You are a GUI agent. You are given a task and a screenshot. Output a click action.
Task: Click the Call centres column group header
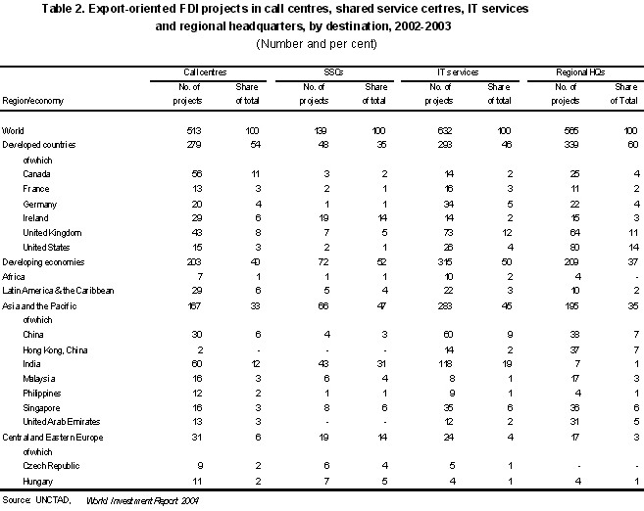pyautogui.click(x=205, y=72)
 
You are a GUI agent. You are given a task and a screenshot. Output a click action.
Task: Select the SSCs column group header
pyautogui.click(x=333, y=72)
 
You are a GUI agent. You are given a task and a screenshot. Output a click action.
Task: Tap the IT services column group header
pyautogui.click(x=458, y=72)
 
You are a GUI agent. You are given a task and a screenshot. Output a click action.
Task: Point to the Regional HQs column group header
pyautogui.click(x=580, y=72)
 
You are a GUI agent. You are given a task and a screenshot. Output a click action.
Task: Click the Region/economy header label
pyautogui.click(x=33, y=101)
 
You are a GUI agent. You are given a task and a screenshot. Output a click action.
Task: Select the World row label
pyautogui.click(x=13, y=131)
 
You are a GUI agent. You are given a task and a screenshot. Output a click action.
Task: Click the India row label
pyautogui.click(x=31, y=364)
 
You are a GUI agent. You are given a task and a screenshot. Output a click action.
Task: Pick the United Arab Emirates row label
pyautogui.click(x=62, y=422)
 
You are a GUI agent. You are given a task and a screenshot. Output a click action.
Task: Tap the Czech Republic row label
pyautogui.click(x=51, y=466)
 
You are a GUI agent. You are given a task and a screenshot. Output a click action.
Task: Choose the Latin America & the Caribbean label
pyautogui.click(x=58, y=291)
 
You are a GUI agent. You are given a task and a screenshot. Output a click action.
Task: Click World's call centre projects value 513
pyautogui.click(x=194, y=131)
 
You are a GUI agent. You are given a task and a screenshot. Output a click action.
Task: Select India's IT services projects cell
pyautogui.click(x=445, y=364)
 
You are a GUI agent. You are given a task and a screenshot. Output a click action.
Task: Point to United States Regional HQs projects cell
pyautogui.click(x=574, y=248)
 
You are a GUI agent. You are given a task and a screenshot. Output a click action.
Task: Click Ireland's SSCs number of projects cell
pyautogui.click(x=323, y=218)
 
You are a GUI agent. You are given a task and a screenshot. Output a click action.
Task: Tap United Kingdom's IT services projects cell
pyautogui.click(x=448, y=233)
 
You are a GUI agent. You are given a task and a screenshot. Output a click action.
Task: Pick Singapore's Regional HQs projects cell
pyautogui.click(x=574, y=408)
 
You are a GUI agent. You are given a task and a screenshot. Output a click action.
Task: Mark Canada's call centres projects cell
pyautogui.click(x=197, y=174)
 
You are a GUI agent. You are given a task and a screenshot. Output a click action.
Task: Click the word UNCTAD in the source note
pyautogui.click(x=53, y=500)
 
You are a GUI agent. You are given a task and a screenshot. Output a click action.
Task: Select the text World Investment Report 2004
pyautogui.click(x=142, y=501)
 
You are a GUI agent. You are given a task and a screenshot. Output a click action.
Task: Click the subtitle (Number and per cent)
pyautogui.click(x=317, y=44)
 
